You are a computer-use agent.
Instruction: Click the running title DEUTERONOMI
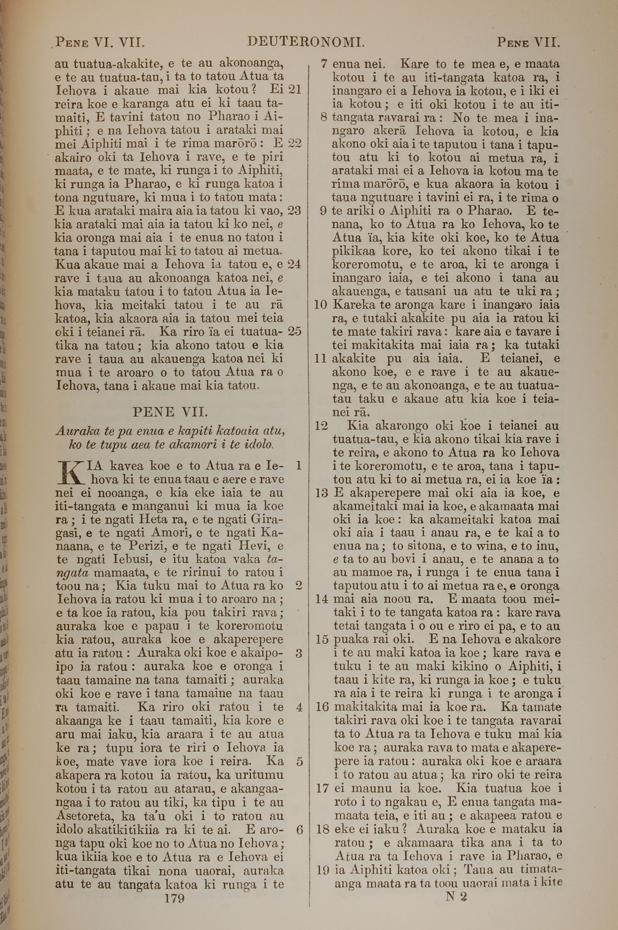[306, 41]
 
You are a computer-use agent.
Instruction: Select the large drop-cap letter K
[69, 473]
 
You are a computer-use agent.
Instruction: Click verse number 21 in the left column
[295, 89]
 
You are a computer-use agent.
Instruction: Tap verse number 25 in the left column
[295, 331]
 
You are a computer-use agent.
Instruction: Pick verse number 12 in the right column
[322, 426]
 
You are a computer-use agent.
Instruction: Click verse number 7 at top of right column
[324, 64]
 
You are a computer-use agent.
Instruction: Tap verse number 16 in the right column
[322, 706]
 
